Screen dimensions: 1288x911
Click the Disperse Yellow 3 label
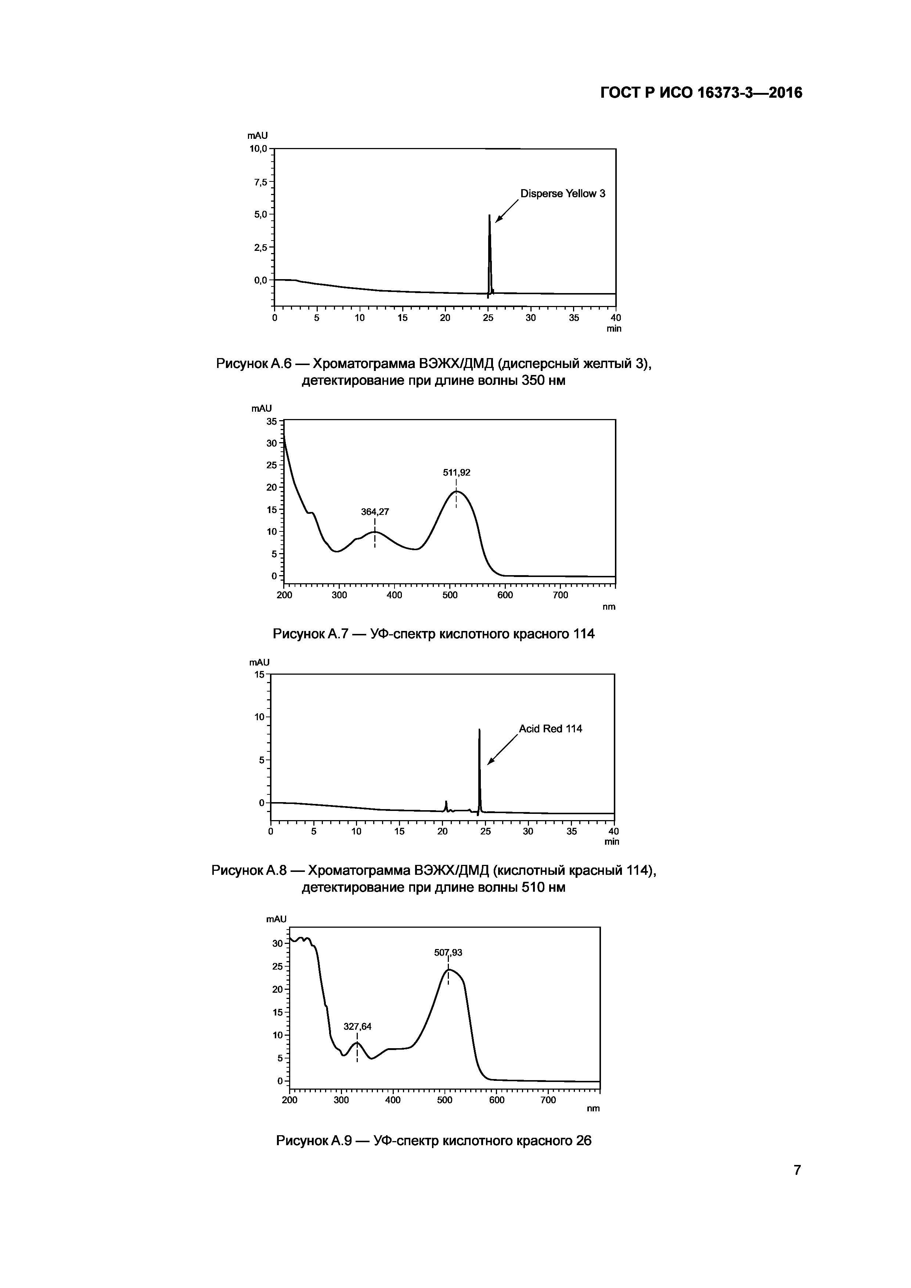point(563,194)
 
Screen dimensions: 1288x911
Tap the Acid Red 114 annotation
point(550,729)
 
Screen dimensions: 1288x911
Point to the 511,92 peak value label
point(457,473)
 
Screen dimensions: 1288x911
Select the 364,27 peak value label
point(375,512)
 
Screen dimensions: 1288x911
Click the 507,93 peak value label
point(448,953)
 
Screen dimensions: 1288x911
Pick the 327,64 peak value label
point(357,1027)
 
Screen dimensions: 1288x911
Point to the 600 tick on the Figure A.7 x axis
point(505,595)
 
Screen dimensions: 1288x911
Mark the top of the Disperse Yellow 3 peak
point(489,216)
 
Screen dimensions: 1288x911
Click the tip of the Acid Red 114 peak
point(479,730)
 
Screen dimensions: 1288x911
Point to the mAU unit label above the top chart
point(258,136)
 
